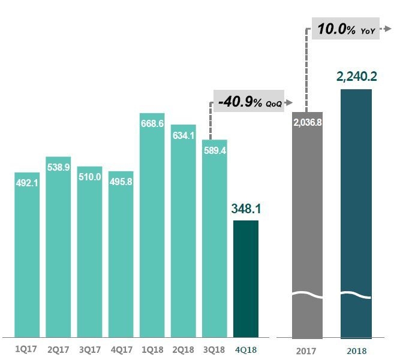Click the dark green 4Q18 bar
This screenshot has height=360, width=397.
[246, 279]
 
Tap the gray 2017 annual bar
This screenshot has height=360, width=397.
[307, 228]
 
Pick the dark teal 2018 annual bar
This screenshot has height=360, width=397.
[356, 216]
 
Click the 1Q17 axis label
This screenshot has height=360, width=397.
[26, 347]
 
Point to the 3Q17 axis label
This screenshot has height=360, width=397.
[90, 347]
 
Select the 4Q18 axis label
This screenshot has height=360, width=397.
[246, 347]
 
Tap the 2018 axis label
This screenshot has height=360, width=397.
[356, 351]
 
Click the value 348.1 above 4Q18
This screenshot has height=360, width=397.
[246, 210]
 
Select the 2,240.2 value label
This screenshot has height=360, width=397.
[356, 77]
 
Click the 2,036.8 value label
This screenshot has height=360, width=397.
[307, 122]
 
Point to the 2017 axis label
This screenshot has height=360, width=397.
[306, 351]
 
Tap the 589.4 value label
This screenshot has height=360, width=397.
[215, 150]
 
